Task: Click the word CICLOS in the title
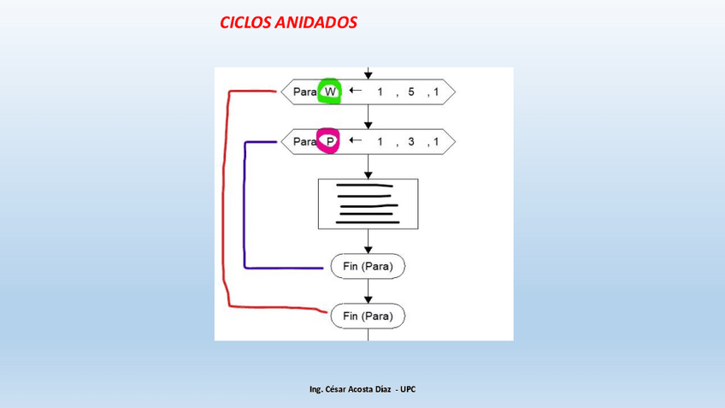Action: click(x=245, y=23)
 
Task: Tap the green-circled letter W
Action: click(x=330, y=92)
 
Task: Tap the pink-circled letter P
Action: click(x=329, y=141)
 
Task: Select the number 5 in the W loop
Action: click(x=411, y=92)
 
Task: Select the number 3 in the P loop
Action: click(x=411, y=141)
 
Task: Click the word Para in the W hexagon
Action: click(x=305, y=92)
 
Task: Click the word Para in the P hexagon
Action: click(x=305, y=141)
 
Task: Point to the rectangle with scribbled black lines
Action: click(x=368, y=204)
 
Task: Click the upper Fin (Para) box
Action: click(x=368, y=267)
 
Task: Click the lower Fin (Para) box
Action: click(x=368, y=316)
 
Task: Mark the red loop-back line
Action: click(x=226, y=197)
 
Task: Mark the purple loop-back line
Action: click(x=245, y=205)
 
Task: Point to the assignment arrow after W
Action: click(x=355, y=91)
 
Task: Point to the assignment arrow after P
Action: click(x=355, y=140)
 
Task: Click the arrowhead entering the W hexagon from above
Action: click(x=368, y=75)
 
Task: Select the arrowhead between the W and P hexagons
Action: click(x=368, y=125)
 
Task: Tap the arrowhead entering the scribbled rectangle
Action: click(x=368, y=174)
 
